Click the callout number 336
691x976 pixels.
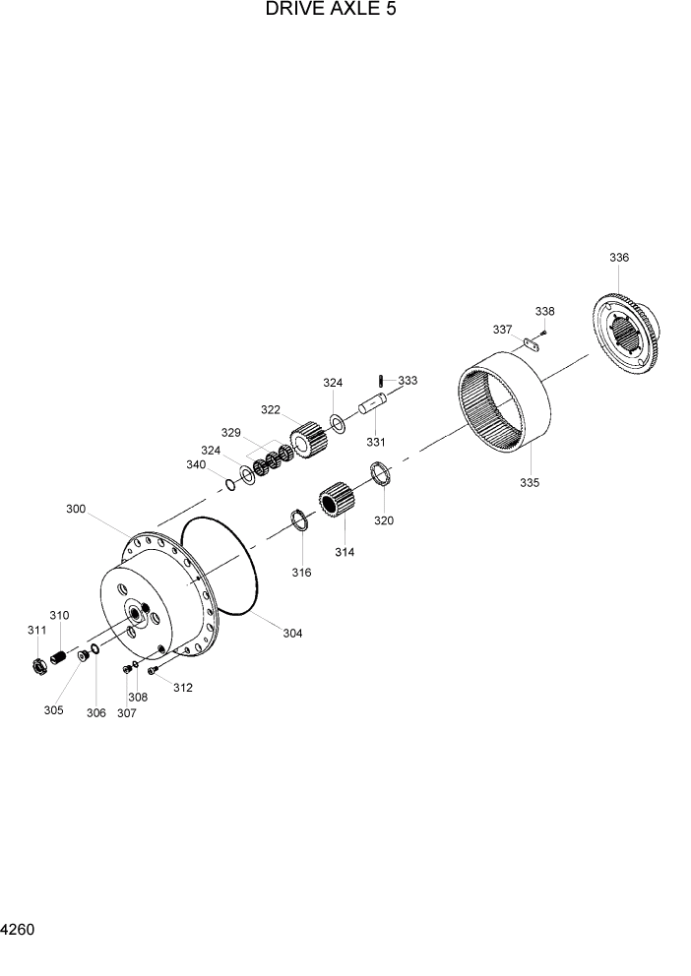tap(618, 258)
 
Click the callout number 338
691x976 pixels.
tap(544, 311)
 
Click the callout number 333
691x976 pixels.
tap(408, 380)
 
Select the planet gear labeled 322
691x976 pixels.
tap(308, 438)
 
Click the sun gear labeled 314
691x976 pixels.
tap(339, 503)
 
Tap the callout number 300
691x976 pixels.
tap(76, 509)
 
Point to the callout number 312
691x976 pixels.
tap(183, 688)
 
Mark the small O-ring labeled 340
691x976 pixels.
tap(229, 484)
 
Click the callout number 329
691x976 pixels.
tap(230, 432)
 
